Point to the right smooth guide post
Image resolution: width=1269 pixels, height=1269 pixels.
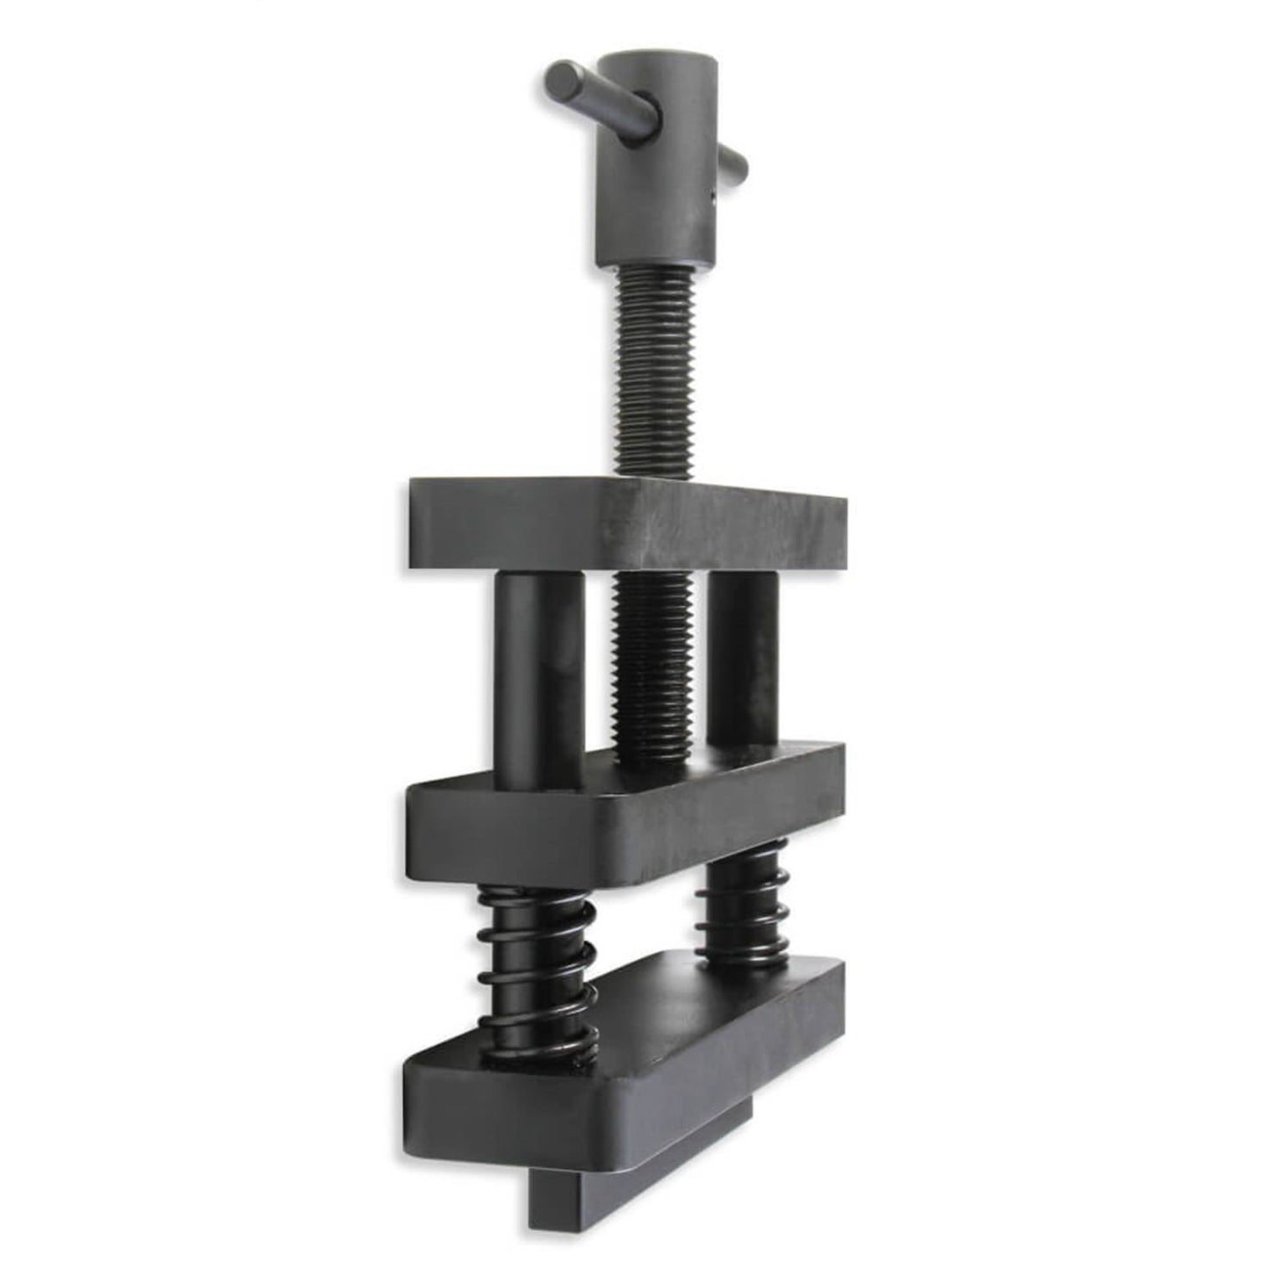coord(742,659)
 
